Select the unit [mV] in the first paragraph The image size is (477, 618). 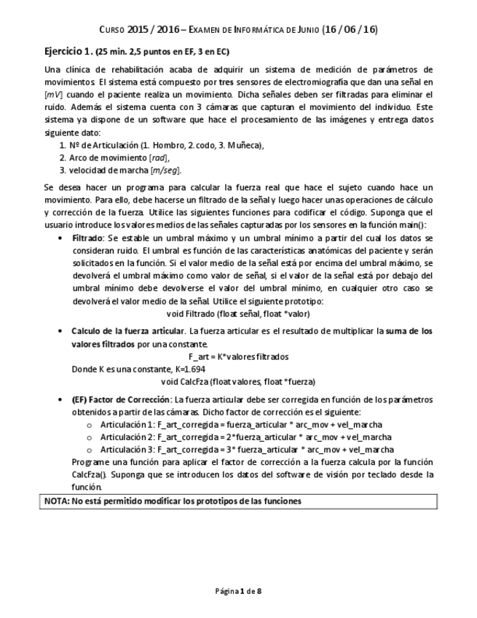[53, 95]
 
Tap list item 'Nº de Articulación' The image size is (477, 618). [161, 145]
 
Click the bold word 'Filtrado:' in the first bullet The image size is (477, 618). [88, 238]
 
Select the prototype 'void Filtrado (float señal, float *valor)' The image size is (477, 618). [238, 313]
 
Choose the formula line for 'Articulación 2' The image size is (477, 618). [245, 437]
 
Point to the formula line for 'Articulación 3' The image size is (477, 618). [245, 450]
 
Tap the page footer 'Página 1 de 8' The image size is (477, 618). [238, 590]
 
